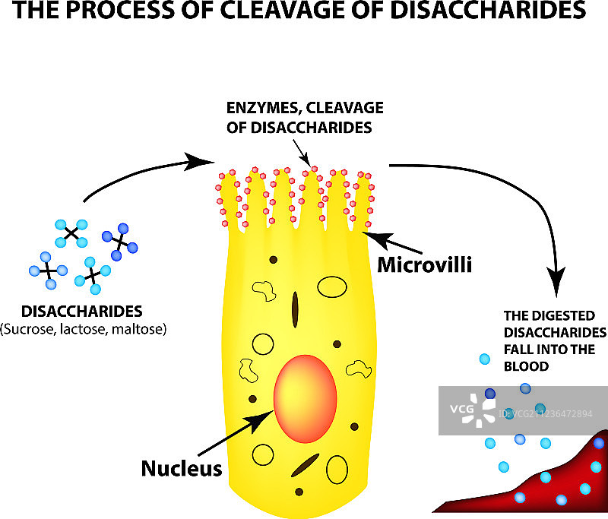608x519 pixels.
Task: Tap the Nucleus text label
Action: pos(182,468)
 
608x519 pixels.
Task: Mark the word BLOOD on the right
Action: pos(525,366)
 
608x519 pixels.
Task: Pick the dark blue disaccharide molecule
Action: pos(120,239)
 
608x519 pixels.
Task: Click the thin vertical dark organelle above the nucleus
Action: pos(295,309)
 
